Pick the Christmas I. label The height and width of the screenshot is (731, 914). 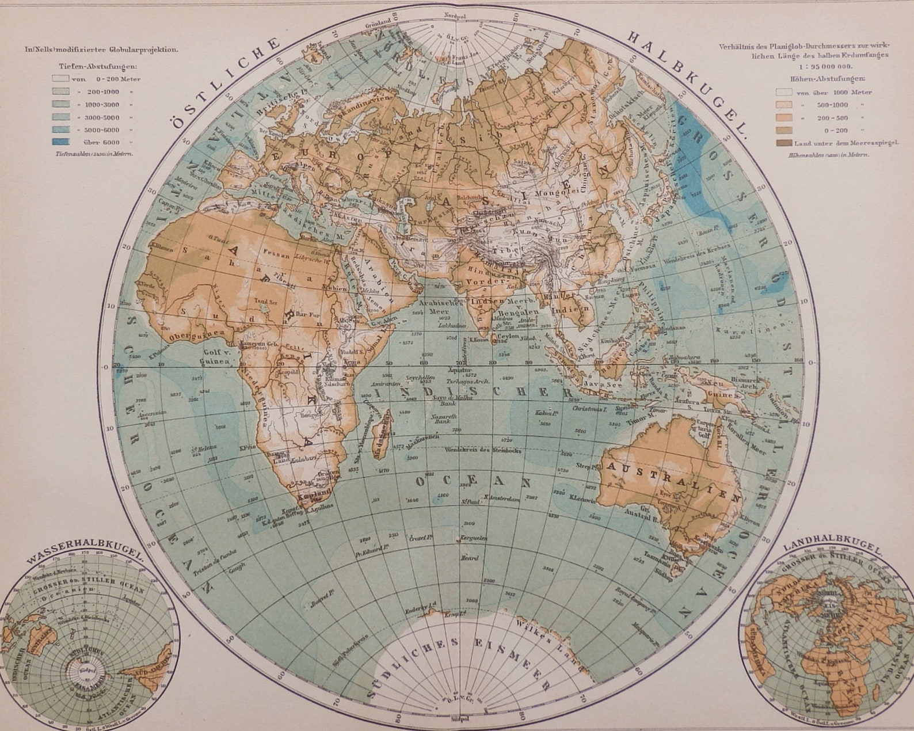[x=590, y=408]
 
